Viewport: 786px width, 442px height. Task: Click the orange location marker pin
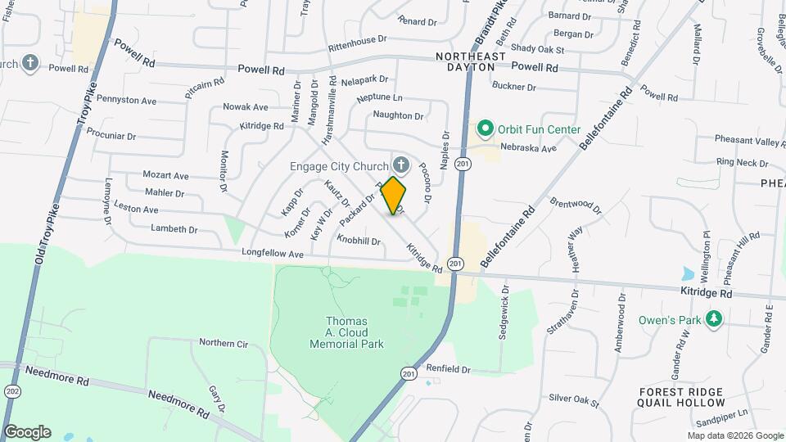(394, 195)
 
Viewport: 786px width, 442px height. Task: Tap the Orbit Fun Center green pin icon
(485, 129)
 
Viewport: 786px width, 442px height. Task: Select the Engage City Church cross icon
(401, 165)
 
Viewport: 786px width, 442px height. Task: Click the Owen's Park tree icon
(714, 318)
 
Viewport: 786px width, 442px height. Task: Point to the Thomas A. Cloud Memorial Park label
(347, 332)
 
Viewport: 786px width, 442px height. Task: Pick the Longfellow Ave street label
(273, 255)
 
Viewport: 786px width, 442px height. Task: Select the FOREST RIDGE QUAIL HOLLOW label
(682, 397)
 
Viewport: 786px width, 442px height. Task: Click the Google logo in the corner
(26, 432)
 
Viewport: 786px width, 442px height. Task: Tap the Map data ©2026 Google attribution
(729, 435)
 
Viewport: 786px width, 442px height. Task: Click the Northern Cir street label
(223, 343)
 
